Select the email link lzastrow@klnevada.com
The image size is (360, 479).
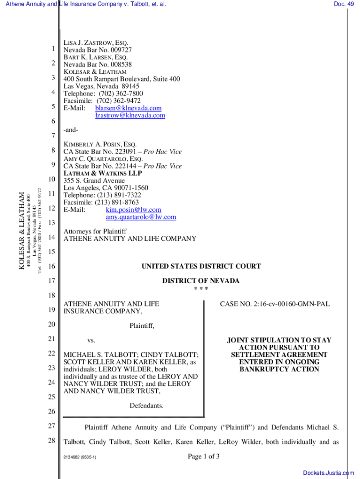pyautogui.click(x=130, y=115)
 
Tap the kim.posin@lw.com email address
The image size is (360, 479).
pyautogui.click(x=133, y=210)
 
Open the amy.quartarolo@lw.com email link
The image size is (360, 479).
pyautogui.click(x=141, y=217)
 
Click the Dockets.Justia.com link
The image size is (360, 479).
pyautogui.click(x=328, y=473)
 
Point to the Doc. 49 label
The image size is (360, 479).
pyautogui.click(x=344, y=4)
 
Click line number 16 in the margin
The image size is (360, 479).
pyautogui.click(x=51, y=267)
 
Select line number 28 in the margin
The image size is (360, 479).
pyautogui.click(x=51, y=441)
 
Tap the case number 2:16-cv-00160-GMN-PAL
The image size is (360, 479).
pyautogui.click(x=274, y=304)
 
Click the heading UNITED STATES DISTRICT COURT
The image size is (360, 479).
pyautogui.click(x=201, y=267)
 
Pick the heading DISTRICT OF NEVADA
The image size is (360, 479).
pyautogui.click(x=201, y=281)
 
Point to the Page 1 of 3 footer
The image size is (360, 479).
pyautogui.click(x=204, y=457)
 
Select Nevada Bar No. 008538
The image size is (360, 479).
pyautogui.click(x=97, y=65)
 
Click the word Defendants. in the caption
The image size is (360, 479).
pyautogui.click(x=146, y=406)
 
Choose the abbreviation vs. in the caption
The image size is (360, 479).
pyautogui.click(x=92, y=341)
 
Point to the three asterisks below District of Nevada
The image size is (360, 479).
pyautogui.click(x=201, y=289)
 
